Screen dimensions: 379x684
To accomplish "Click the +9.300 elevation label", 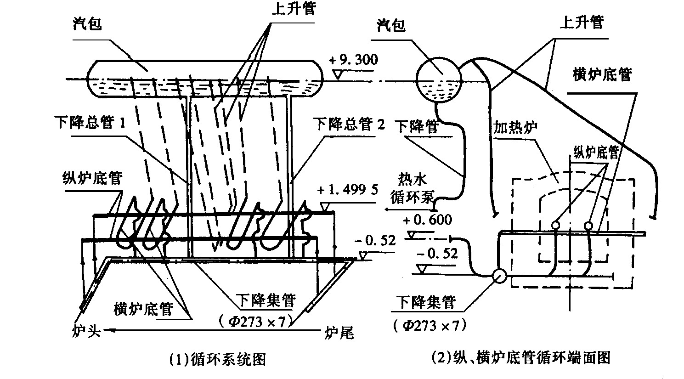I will (x=353, y=60).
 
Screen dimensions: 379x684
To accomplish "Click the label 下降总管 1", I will (x=90, y=123).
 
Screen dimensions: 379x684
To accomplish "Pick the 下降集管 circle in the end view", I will (x=498, y=276).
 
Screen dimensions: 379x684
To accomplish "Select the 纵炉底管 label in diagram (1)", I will (x=92, y=178).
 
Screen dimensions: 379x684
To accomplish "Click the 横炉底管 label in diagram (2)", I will (x=602, y=74).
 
